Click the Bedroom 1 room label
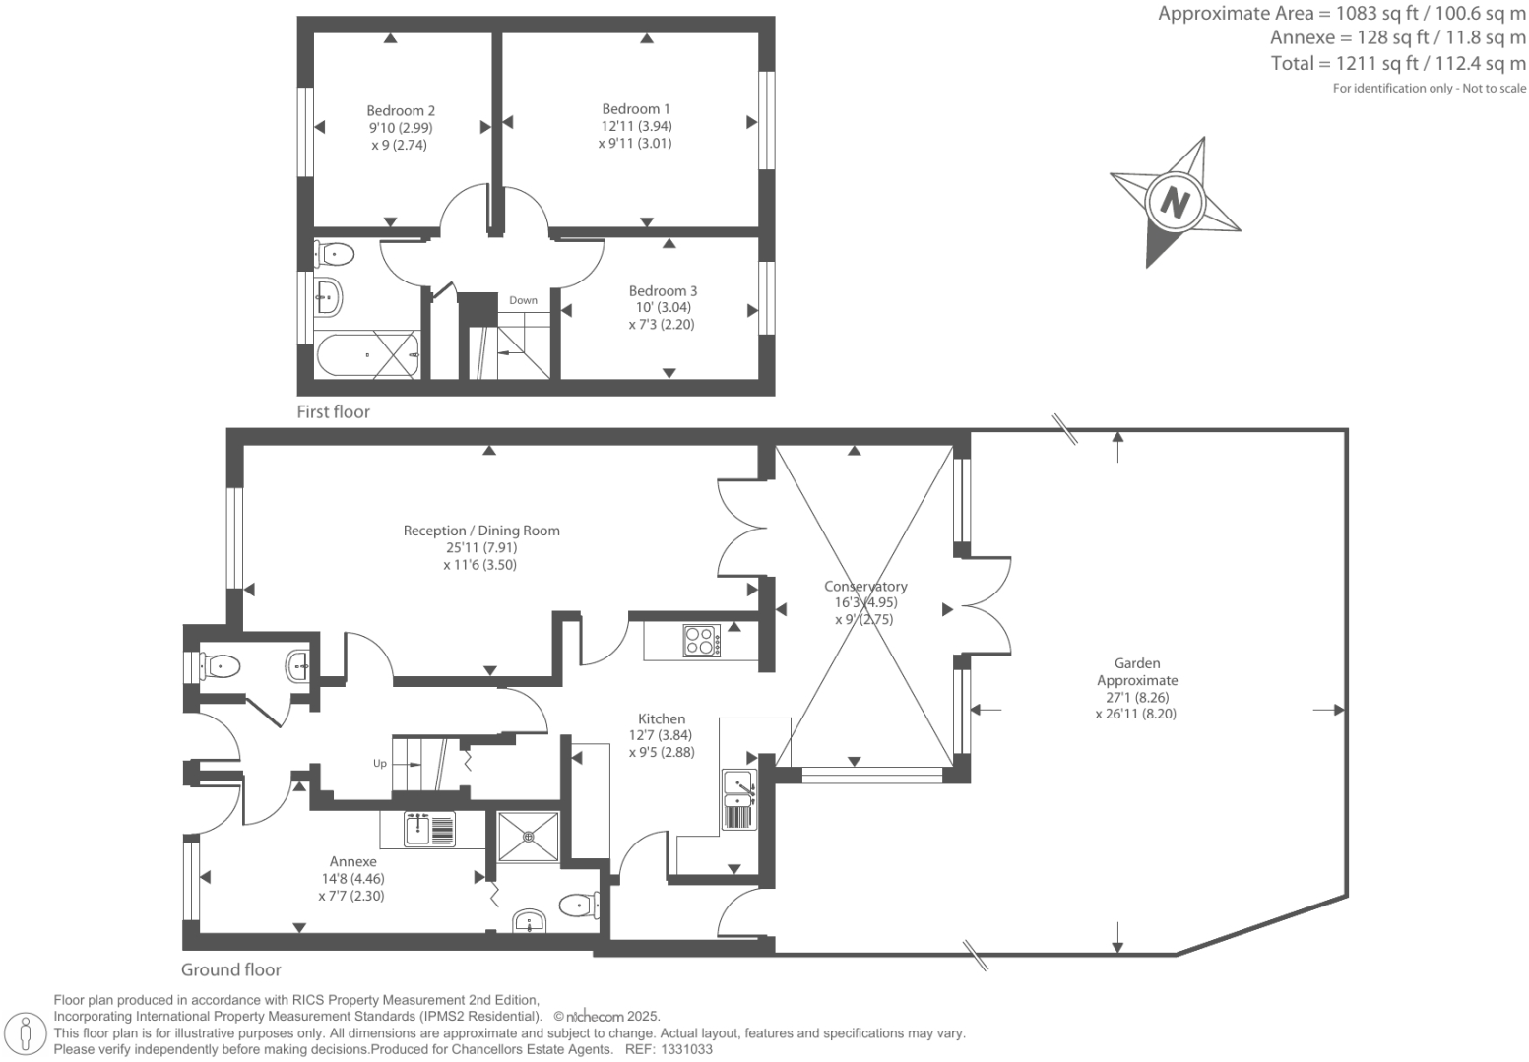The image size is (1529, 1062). pyautogui.click(x=636, y=109)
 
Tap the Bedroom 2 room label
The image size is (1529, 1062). pyautogui.click(x=401, y=111)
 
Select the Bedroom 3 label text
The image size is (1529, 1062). pyautogui.click(x=663, y=291)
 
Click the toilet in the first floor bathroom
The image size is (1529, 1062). pyautogui.click(x=334, y=254)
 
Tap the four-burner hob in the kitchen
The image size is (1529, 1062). pyautogui.click(x=701, y=641)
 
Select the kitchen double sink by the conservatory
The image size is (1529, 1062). pyautogui.click(x=739, y=799)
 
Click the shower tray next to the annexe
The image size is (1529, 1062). pyautogui.click(x=529, y=837)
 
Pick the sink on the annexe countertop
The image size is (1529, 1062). pyautogui.click(x=429, y=829)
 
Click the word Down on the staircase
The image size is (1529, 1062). pyautogui.click(x=523, y=300)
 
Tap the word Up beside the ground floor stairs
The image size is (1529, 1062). pyautogui.click(x=379, y=763)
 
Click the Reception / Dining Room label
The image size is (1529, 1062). pyautogui.click(x=481, y=531)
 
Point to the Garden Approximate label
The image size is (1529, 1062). pyautogui.click(x=1136, y=672)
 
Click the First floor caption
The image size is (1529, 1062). pyautogui.click(x=333, y=412)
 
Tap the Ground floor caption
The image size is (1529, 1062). pyautogui.click(x=230, y=969)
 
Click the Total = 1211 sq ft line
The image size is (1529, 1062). pyautogui.click(x=1397, y=64)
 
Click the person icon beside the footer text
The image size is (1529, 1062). pyautogui.click(x=27, y=1033)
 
